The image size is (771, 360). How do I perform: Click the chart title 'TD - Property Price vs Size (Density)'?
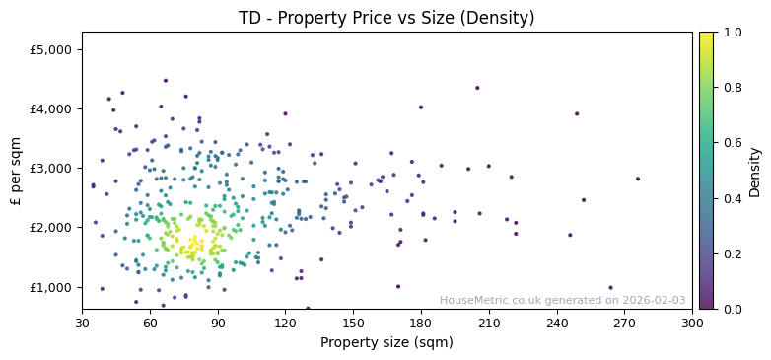point(386,18)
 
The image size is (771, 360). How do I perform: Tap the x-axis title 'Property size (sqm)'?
point(386,343)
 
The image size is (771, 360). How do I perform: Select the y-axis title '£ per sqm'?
point(16,171)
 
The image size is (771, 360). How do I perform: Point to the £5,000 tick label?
point(51,49)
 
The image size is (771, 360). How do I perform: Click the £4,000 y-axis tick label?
point(51,109)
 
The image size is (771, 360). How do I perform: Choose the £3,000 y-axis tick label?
point(51,169)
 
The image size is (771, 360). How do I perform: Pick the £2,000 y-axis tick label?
point(51,228)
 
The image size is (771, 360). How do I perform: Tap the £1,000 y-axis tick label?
point(51,287)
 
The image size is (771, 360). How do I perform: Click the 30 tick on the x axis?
point(82,323)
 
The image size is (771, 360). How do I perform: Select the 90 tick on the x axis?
point(218,323)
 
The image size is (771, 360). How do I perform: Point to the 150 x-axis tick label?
point(353,323)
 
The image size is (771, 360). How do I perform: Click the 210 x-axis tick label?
point(489,323)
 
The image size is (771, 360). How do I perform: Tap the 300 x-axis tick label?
point(692,323)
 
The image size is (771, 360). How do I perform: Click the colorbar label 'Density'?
point(755,172)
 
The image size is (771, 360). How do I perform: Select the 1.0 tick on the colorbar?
point(732,33)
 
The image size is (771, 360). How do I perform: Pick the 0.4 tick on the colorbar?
point(732,198)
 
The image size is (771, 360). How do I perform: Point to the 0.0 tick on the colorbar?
point(732,309)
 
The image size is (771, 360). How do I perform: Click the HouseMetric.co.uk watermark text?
point(562,301)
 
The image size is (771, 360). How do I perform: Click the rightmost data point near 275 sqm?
point(638,179)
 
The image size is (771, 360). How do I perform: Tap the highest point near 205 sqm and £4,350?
point(477,88)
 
